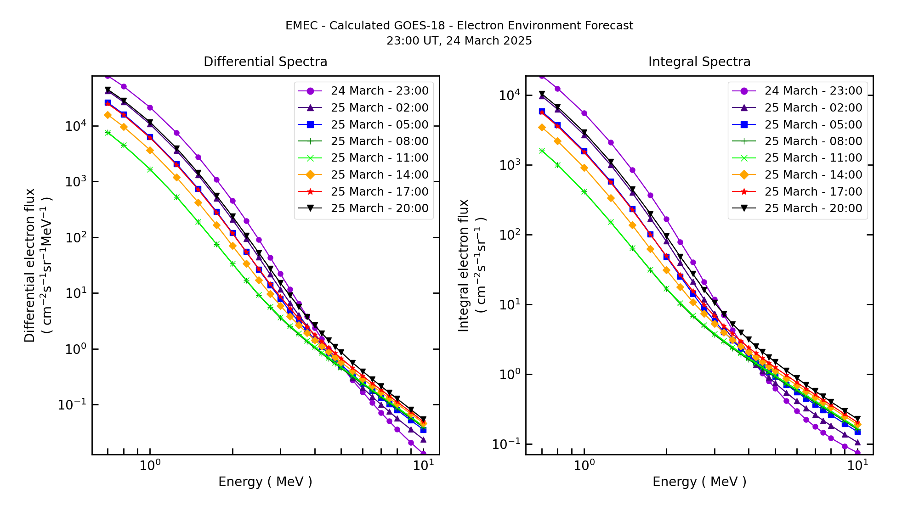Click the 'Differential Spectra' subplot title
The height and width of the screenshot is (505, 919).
pyautogui.click(x=265, y=62)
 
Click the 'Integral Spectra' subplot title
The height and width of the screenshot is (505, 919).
pyautogui.click(x=699, y=62)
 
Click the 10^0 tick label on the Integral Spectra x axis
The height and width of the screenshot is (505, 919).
pyautogui.click(x=584, y=466)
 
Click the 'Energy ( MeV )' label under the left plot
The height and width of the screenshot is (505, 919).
pyautogui.click(x=265, y=482)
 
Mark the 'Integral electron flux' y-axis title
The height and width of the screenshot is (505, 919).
pyautogui.click(x=464, y=265)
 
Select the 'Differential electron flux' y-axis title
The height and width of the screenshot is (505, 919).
pyautogui.click(x=30, y=265)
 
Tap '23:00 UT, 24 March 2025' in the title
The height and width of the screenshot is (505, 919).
pyautogui.click(x=459, y=41)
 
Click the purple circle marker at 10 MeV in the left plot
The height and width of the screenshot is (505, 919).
pyautogui.click(x=423, y=454)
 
